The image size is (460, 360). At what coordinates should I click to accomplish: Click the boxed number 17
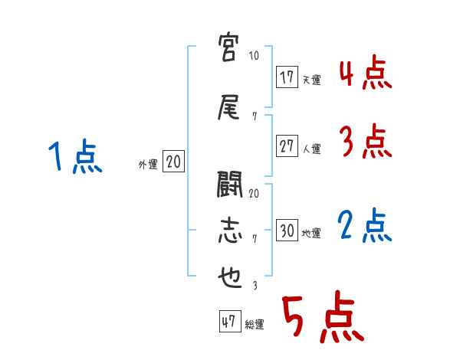pyautogui.click(x=287, y=77)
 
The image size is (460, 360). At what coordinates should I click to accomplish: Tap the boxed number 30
pyautogui.click(x=287, y=231)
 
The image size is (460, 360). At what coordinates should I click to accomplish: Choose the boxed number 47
pyautogui.click(x=228, y=322)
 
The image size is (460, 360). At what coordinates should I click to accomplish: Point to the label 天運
pyautogui.click(x=311, y=80)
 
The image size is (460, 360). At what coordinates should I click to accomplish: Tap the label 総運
pyautogui.click(x=254, y=325)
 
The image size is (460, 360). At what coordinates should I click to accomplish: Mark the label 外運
pyautogui.click(x=148, y=164)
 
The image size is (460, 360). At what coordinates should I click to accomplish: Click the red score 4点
pyautogui.click(x=365, y=76)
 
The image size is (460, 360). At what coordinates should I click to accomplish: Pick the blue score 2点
pyautogui.click(x=365, y=225)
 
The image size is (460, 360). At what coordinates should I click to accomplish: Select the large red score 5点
pyautogui.click(x=321, y=319)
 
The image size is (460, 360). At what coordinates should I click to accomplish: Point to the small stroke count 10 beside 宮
pyautogui.click(x=254, y=56)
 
